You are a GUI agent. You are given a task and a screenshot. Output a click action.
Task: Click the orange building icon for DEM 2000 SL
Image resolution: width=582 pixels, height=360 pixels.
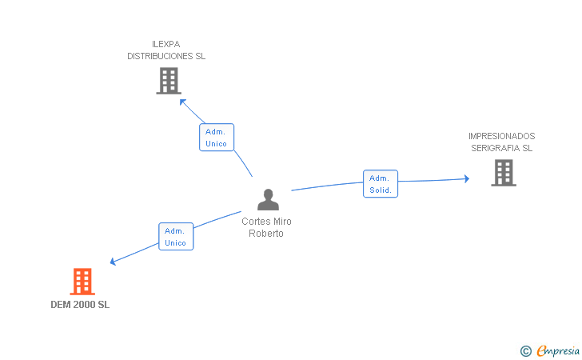(82, 282)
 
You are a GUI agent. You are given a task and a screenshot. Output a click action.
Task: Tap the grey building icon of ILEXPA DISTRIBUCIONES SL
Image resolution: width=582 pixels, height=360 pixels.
(169, 81)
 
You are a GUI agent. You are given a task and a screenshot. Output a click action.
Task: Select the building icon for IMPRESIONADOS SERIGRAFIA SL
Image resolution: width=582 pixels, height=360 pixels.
(503, 173)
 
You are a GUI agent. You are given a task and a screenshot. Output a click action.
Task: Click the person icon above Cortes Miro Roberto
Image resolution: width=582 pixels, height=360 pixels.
(268, 200)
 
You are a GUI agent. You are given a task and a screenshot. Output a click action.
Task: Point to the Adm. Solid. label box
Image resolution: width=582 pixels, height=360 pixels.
(381, 184)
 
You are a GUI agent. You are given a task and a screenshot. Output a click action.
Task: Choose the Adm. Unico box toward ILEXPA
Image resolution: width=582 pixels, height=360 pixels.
(217, 138)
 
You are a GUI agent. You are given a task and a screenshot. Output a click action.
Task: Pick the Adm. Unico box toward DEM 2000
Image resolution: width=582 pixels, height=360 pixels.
(176, 237)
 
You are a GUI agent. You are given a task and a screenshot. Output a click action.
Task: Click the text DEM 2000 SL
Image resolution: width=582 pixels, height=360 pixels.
(80, 305)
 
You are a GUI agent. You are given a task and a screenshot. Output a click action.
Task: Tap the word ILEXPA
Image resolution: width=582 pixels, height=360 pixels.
(166, 44)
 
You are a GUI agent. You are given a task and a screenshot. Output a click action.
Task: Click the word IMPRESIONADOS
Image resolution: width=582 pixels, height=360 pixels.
(502, 136)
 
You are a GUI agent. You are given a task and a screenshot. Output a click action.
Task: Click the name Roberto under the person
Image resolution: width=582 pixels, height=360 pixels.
(266, 234)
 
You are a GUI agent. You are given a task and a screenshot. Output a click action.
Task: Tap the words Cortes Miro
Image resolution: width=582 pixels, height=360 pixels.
(266, 222)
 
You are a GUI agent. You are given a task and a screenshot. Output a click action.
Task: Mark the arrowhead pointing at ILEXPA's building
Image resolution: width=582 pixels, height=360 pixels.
(182, 101)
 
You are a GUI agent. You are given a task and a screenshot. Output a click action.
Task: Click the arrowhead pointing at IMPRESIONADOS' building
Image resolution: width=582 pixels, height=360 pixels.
(466, 179)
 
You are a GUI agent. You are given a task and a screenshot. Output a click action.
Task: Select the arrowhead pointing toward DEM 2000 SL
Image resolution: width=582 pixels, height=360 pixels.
(114, 262)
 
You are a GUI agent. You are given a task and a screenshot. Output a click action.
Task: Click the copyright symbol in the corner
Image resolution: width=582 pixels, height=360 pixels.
(525, 350)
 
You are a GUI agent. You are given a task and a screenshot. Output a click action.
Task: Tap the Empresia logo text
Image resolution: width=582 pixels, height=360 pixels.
(558, 350)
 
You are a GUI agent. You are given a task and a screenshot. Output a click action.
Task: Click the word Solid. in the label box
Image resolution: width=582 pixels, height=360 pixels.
(381, 190)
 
